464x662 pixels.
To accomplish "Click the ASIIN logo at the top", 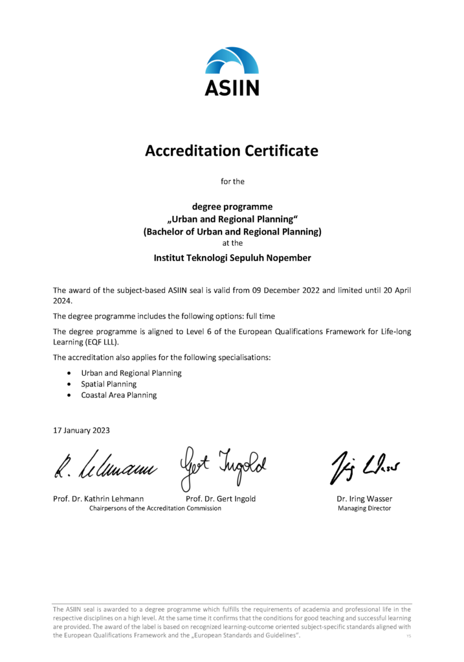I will [x=232, y=71].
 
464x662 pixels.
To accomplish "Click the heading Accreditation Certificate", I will [x=232, y=151].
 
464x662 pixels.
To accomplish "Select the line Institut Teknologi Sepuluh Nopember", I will [x=232, y=257].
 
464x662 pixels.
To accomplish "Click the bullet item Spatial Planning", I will [x=109, y=384].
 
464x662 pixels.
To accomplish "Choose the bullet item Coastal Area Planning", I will [x=118, y=395].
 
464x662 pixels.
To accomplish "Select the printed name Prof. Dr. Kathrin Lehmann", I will [x=98, y=498].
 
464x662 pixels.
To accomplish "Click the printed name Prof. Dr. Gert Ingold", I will [x=221, y=498].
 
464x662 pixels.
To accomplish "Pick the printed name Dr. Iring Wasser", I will [x=364, y=498].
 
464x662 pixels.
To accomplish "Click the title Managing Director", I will [x=364, y=508].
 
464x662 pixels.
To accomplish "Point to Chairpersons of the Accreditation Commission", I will [x=155, y=508].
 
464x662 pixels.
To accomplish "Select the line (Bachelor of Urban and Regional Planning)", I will [x=232, y=231].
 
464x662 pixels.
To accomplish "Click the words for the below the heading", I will [x=232, y=182].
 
